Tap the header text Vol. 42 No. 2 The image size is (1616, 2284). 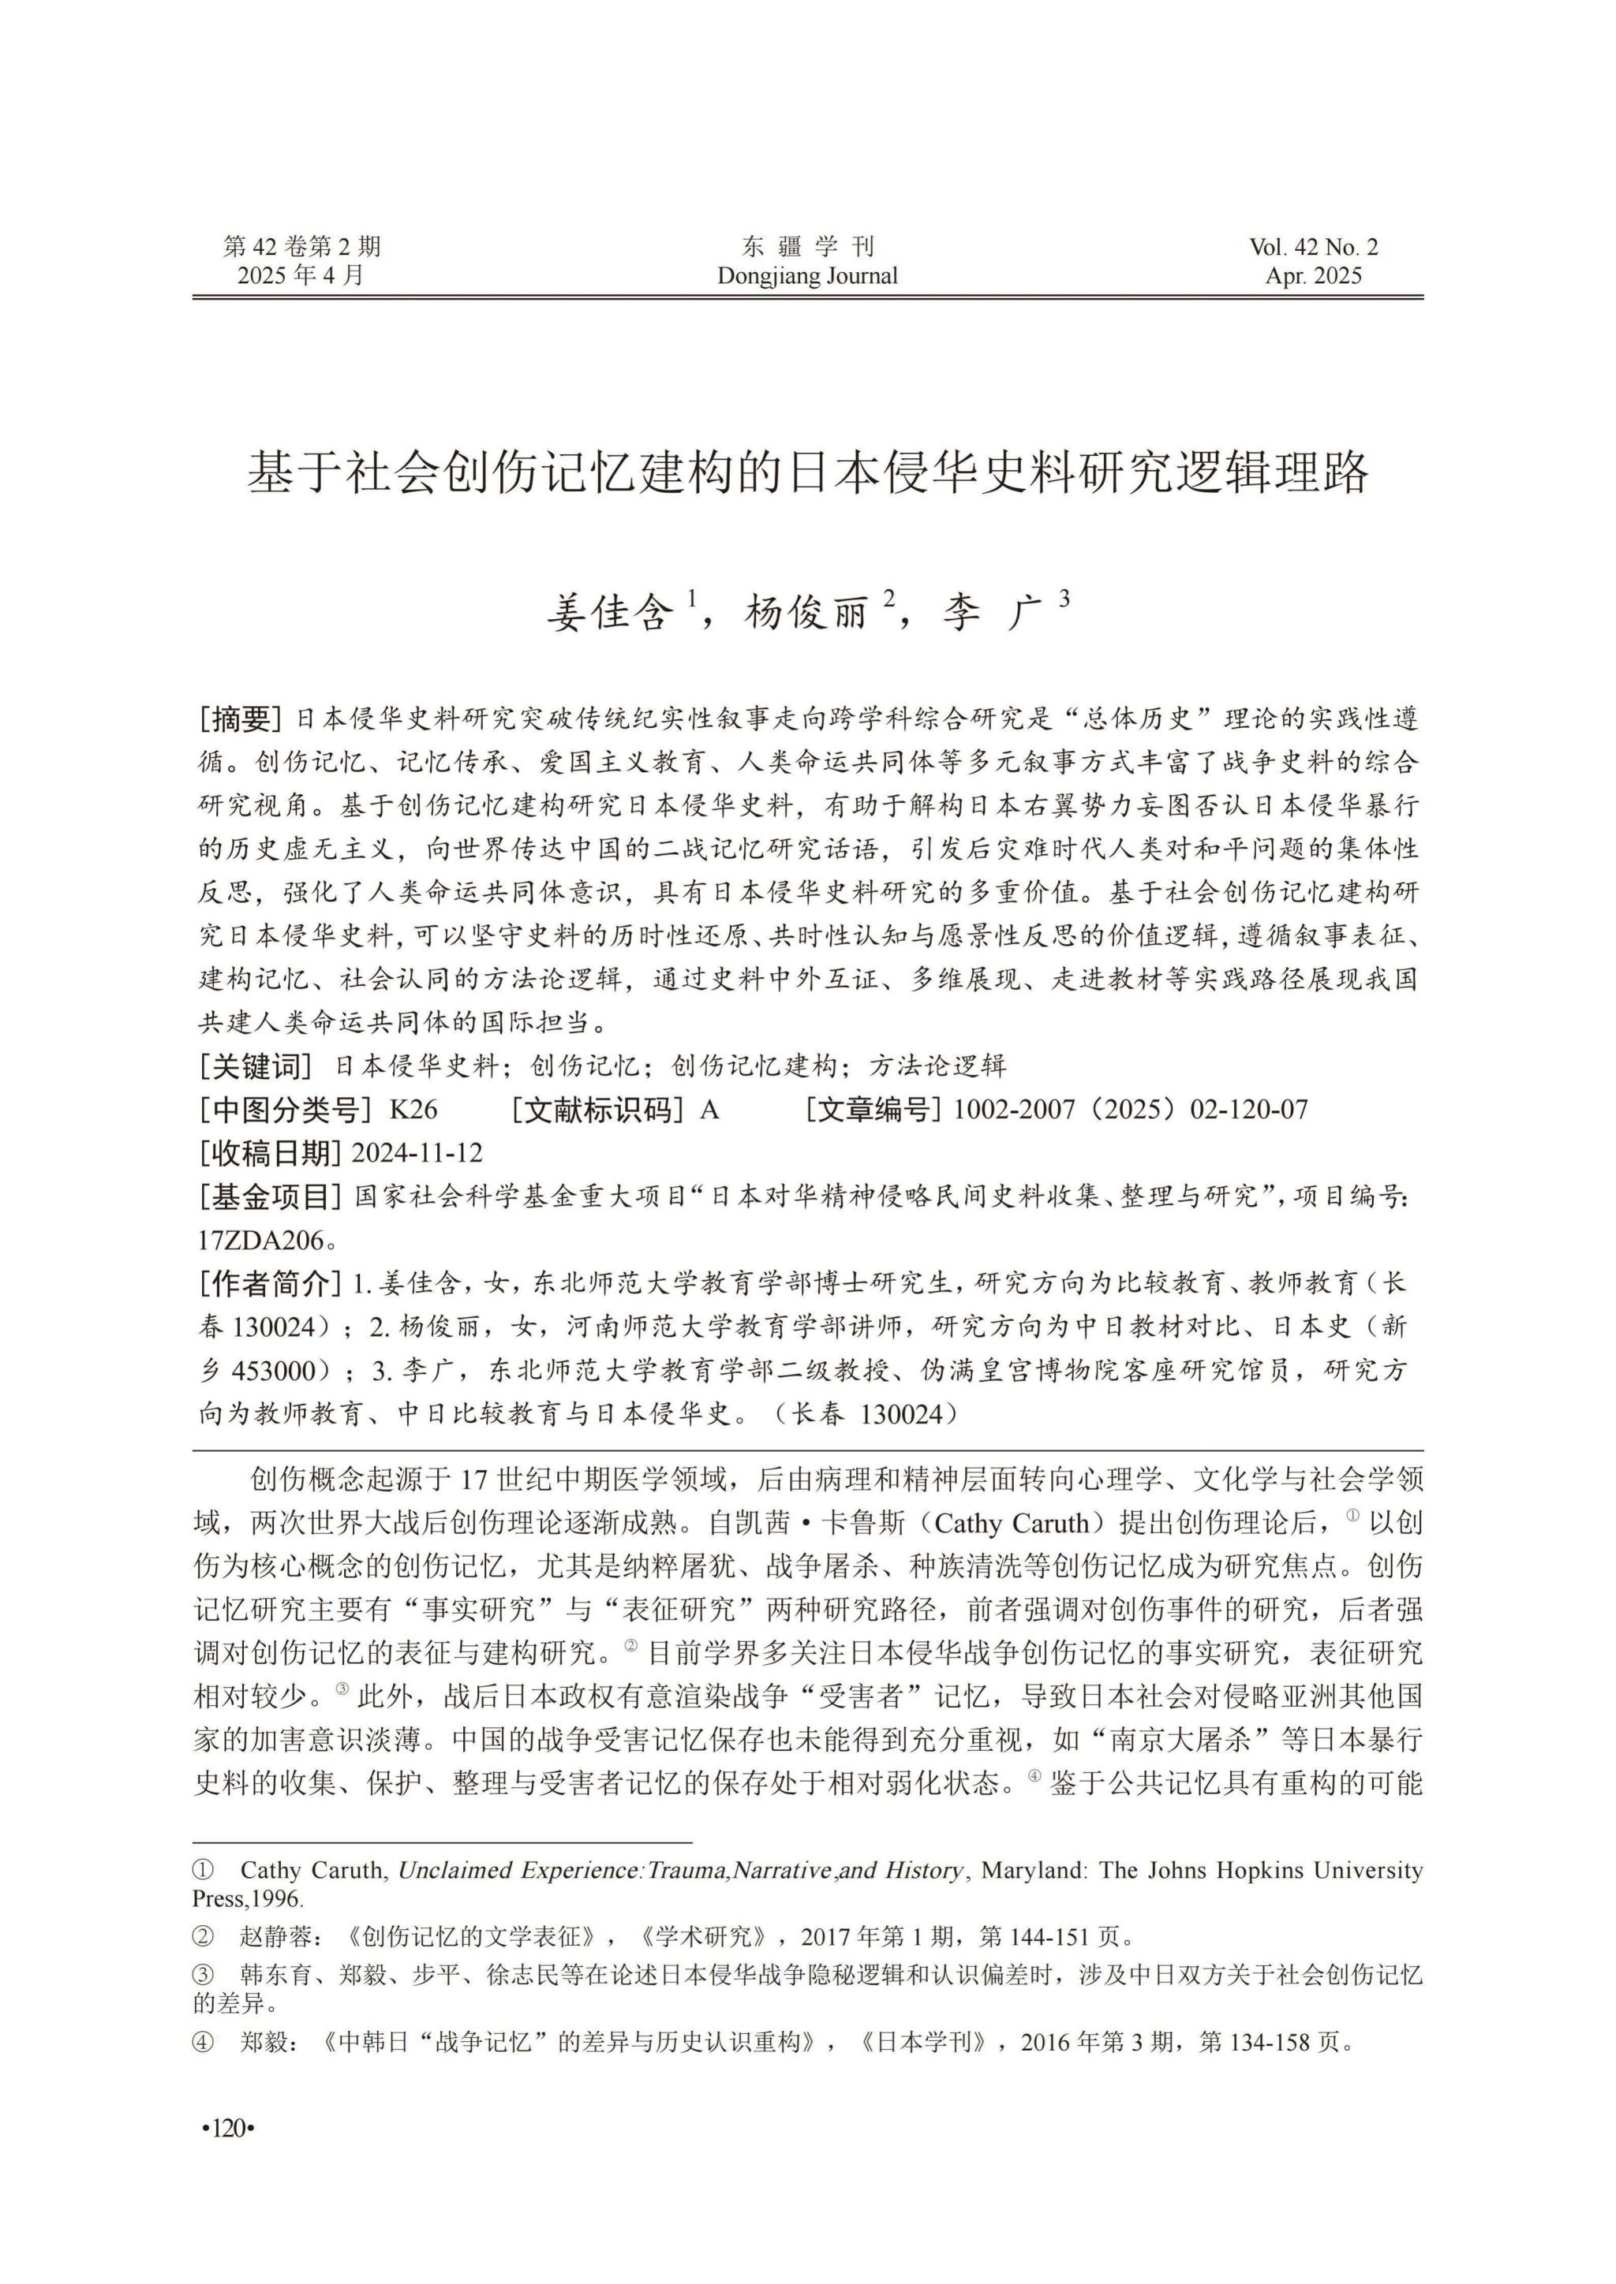(1314, 247)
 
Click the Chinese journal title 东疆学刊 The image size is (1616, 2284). (807, 247)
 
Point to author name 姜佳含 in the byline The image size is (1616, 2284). (610, 613)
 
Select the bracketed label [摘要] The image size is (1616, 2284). (241, 718)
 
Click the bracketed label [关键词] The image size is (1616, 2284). (256, 1066)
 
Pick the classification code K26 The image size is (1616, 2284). (414, 1109)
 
